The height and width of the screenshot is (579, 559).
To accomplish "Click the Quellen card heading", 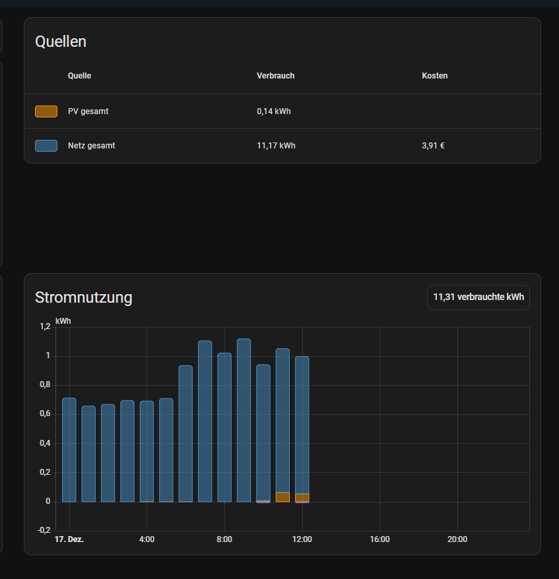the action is pyautogui.click(x=61, y=42).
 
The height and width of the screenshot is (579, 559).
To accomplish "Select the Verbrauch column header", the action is pyautogui.click(x=276, y=76).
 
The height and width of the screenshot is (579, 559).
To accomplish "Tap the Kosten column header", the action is pyautogui.click(x=434, y=76).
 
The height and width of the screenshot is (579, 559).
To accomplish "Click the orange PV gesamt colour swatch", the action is pyautogui.click(x=46, y=111).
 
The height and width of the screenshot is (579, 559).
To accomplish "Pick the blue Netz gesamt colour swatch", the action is pyautogui.click(x=46, y=146).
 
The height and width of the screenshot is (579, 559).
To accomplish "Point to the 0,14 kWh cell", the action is pyautogui.click(x=274, y=111).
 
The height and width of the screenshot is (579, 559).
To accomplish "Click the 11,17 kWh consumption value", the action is pyautogui.click(x=276, y=146).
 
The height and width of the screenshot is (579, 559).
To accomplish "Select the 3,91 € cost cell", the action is pyautogui.click(x=433, y=146).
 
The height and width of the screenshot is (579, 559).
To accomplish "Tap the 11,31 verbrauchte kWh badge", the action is pyautogui.click(x=478, y=297).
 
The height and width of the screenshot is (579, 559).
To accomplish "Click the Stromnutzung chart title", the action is pyautogui.click(x=84, y=297).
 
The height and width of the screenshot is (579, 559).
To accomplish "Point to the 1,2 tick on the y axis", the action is pyautogui.click(x=45, y=326).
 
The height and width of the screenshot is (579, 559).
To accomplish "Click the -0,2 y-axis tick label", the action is pyautogui.click(x=44, y=530).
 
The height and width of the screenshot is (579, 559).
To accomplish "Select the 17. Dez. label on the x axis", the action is pyautogui.click(x=69, y=539).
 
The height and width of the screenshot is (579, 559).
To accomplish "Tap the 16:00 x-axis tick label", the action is pyautogui.click(x=379, y=539).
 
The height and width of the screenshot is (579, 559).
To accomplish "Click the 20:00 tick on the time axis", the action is pyautogui.click(x=457, y=539).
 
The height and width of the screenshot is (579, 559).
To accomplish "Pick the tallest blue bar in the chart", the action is pyautogui.click(x=244, y=420).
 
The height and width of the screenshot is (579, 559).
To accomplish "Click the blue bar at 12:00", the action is pyautogui.click(x=302, y=425).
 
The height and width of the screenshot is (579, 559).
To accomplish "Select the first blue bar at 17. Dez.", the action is pyautogui.click(x=69, y=450).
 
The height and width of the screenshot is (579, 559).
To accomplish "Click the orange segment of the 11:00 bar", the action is pyautogui.click(x=282, y=497).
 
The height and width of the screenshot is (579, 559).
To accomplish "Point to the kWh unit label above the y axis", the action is pyautogui.click(x=63, y=321).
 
